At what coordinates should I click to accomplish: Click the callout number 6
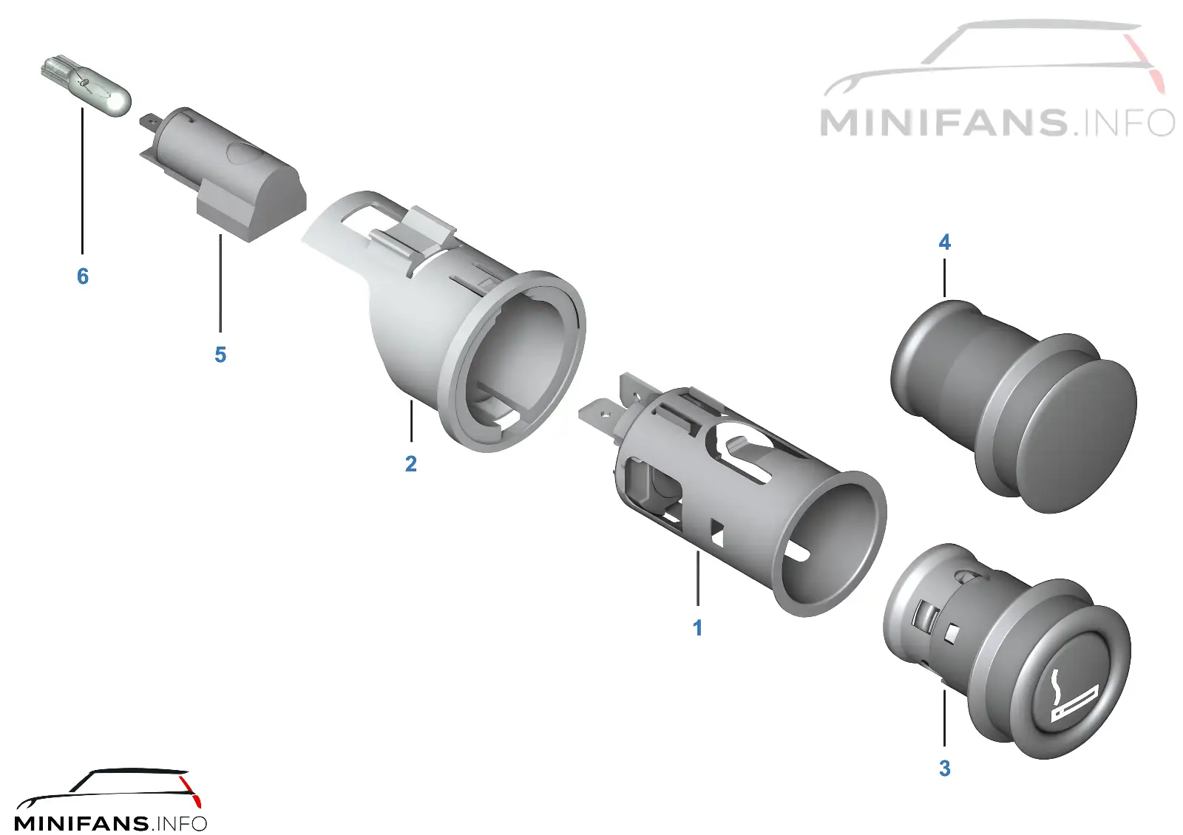click(82, 276)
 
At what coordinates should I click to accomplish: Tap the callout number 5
click(220, 355)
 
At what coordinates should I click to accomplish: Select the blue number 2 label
click(411, 464)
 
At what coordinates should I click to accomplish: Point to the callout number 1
click(698, 628)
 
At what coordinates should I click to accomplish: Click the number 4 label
click(945, 242)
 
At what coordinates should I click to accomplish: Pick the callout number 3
click(945, 768)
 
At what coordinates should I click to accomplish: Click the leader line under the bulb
click(82, 181)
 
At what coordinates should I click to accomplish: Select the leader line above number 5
click(220, 284)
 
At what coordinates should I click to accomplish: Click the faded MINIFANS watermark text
click(997, 123)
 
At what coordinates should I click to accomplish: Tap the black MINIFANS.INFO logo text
click(110, 823)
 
